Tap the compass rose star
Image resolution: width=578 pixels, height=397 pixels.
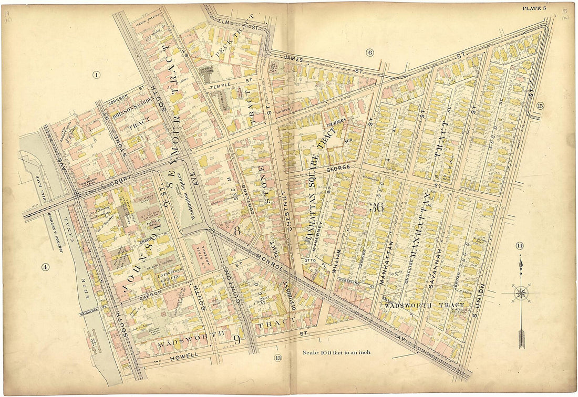520,293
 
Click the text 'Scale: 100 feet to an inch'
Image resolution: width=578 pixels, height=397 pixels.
336,352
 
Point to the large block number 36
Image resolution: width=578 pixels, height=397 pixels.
376,207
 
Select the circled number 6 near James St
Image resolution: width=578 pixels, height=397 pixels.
369,52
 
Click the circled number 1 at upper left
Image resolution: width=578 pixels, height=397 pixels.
97,75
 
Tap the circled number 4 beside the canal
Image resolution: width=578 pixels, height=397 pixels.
46,267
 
